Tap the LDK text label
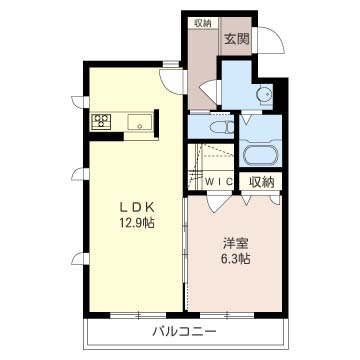pyautogui.click(x=137, y=208)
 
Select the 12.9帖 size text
pyautogui.click(x=137, y=222)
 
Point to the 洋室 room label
pyautogui.click(x=236, y=244)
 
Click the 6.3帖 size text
pyautogui.click(x=236, y=259)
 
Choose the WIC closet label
pyautogui.click(x=218, y=182)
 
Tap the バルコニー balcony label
pyautogui.click(x=184, y=332)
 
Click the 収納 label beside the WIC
pyautogui.click(x=262, y=182)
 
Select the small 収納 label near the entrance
pyautogui.click(x=203, y=23)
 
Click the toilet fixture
pyautogui.click(x=221, y=127)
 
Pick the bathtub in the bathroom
pyautogui.click(x=261, y=155)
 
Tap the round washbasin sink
pyautogui.click(x=263, y=95)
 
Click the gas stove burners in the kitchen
pyautogui.click(x=101, y=121)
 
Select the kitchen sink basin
pyautogui.click(x=140, y=122)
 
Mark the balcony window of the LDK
pyautogui.click(x=138, y=315)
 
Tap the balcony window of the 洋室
pyautogui.click(x=227, y=315)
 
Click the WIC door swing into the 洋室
pyautogui.click(x=217, y=203)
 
